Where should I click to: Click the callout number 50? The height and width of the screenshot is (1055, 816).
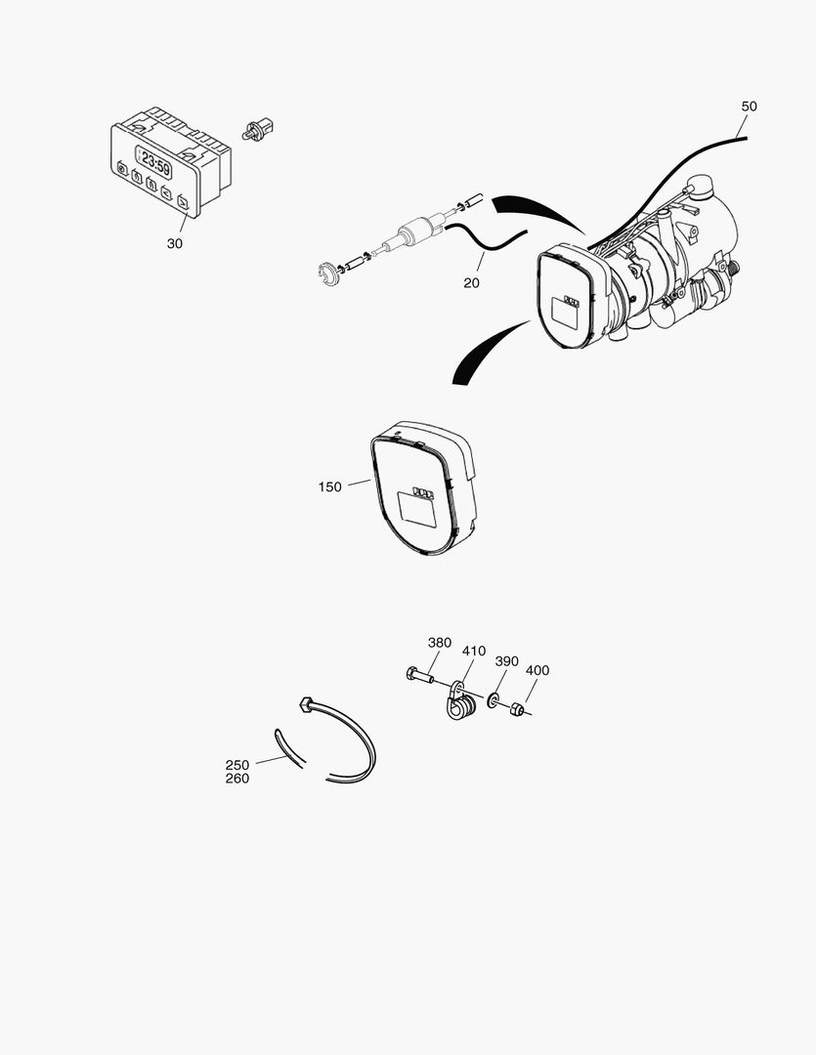point(749,105)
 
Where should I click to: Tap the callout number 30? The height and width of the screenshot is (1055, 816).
point(174,243)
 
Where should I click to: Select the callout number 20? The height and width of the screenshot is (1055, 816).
point(472,282)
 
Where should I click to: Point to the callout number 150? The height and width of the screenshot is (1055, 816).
point(329,486)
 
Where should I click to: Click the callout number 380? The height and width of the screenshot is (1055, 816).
point(440,643)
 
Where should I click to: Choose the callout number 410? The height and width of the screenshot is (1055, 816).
point(474,651)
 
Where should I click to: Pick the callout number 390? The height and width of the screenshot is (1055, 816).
point(506,661)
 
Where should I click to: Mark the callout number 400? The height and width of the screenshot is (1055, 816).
point(537,670)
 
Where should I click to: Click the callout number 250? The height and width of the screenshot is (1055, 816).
point(237,765)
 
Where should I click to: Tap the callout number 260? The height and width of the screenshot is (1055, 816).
point(237,779)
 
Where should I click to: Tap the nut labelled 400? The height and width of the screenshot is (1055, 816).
point(518,707)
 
